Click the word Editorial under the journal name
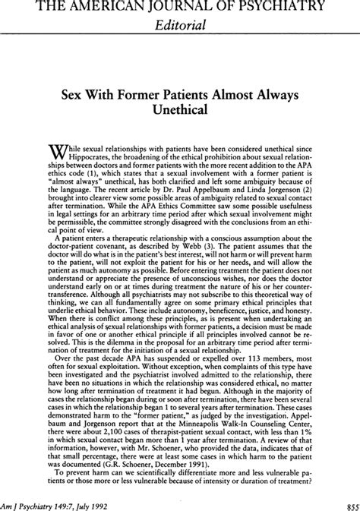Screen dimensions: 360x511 pyautogui.click(x=179, y=25)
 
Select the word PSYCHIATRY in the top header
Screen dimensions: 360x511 pyautogui.click(x=283, y=7)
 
